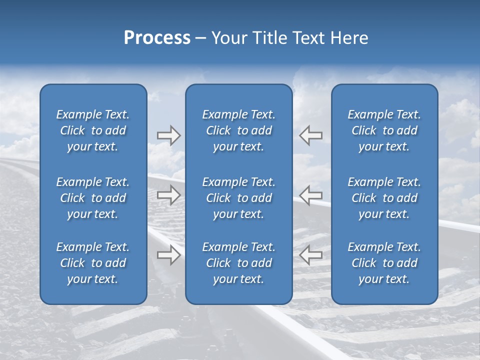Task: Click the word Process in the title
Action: click(157, 38)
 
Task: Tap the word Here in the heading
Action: click(349, 38)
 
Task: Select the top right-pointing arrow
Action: click(169, 135)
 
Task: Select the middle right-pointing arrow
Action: click(169, 194)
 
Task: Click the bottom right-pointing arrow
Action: click(169, 254)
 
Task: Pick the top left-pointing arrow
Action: click(311, 135)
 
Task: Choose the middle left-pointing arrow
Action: click(311, 194)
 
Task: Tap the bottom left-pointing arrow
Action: click(311, 254)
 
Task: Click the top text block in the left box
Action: click(93, 130)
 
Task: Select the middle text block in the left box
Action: click(93, 198)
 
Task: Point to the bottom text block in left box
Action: click(93, 263)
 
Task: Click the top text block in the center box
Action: click(239, 130)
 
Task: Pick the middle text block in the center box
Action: click(239, 198)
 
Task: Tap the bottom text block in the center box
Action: click(239, 263)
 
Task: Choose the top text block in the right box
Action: click(384, 130)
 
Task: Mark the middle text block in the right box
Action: click(384, 198)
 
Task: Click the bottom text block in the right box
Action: click(384, 263)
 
